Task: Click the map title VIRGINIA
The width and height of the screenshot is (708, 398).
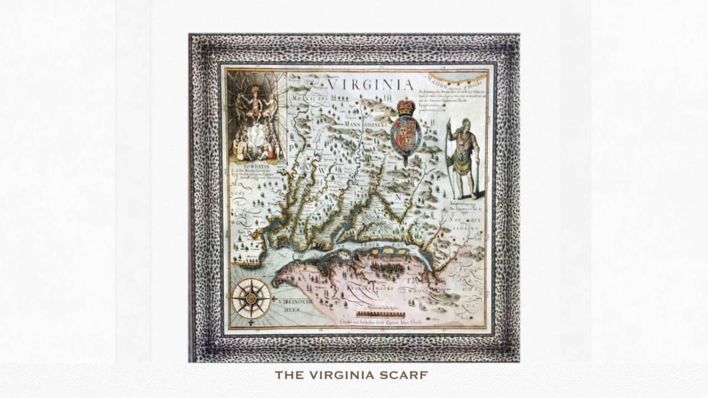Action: click(x=369, y=85)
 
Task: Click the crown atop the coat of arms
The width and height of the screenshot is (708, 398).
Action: click(x=406, y=107)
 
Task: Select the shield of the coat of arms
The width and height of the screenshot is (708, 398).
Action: click(x=405, y=135)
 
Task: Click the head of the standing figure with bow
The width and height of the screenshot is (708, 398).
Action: click(x=465, y=124)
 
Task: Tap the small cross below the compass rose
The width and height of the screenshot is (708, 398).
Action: click(x=251, y=322)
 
